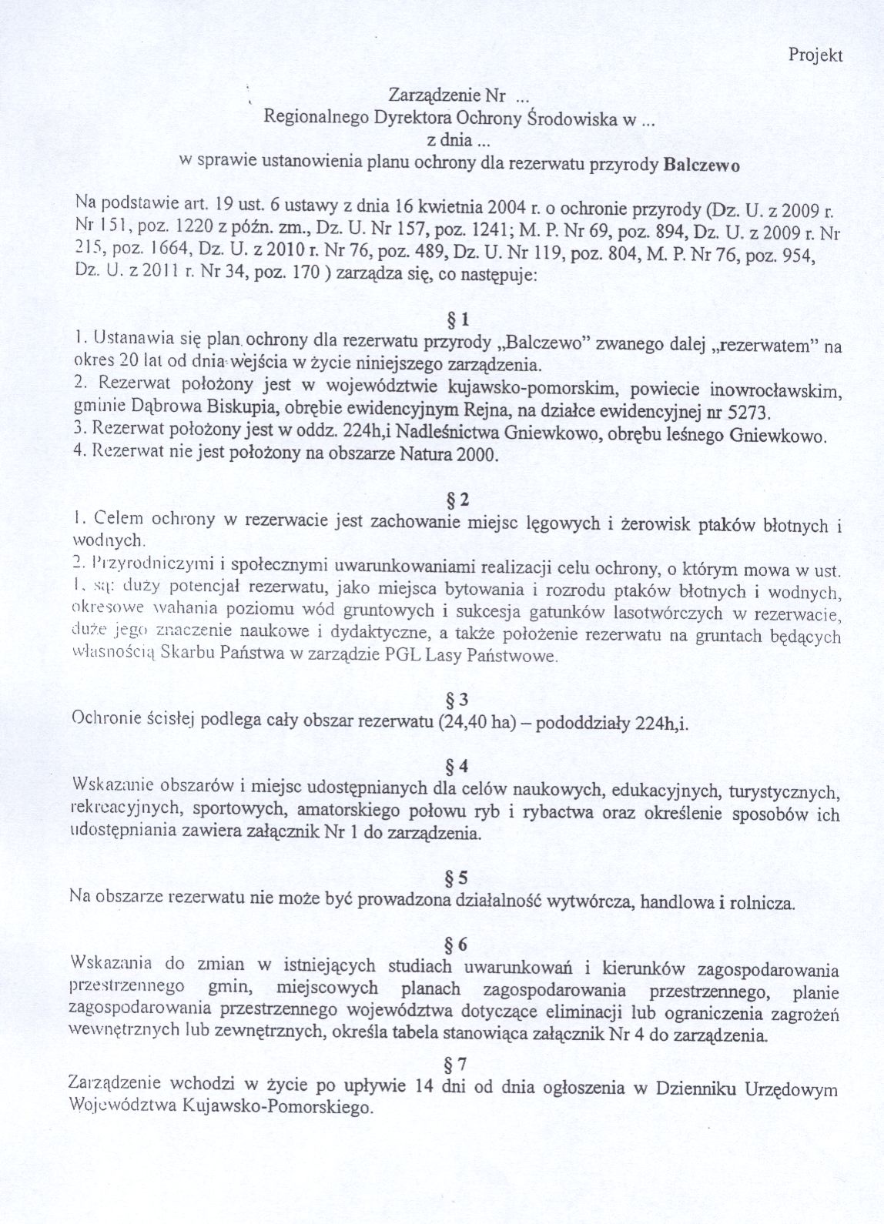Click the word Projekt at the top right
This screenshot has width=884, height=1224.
[816, 55]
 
